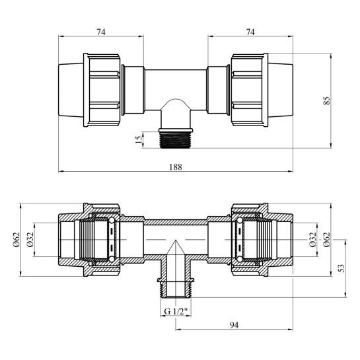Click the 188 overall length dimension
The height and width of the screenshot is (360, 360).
point(176,166)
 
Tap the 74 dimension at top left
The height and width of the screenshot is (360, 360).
point(101,32)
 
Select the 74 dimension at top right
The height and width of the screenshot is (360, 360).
point(250,32)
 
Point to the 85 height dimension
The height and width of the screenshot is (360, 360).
point(326,100)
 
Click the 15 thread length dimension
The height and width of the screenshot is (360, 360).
point(139,139)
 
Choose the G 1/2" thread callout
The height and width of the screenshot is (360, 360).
point(176,312)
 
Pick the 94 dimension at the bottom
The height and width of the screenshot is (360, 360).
point(234,325)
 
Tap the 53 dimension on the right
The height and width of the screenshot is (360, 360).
point(342,268)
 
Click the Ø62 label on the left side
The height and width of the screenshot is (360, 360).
point(17,240)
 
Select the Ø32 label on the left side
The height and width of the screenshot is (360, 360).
point(30,240)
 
